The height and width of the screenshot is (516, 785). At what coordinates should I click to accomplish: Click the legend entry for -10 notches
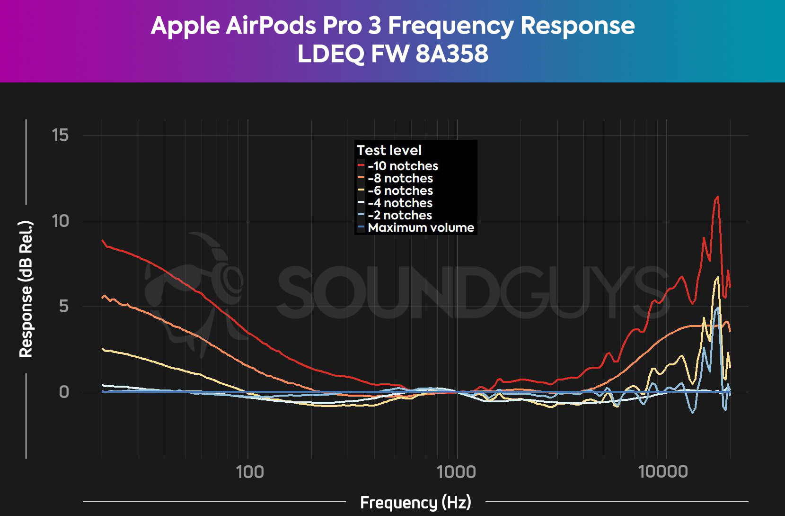[x=403, y=166]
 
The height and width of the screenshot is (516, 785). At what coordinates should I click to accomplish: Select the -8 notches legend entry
[x=400, y=178]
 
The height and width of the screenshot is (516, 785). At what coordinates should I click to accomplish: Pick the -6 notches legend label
[x=400, y=190]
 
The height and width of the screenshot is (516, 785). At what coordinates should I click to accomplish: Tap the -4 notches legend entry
[x=400, y=203]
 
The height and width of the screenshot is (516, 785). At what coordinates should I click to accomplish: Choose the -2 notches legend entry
[x=400, y=215]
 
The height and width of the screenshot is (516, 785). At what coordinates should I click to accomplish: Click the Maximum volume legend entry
[x=421, y=227]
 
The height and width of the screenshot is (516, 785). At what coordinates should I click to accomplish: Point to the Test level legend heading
[x=389, y=150]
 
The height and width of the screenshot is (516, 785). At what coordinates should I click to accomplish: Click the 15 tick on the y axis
[x=61, y=136]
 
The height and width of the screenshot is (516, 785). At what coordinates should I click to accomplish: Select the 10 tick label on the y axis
[x=61, y=221]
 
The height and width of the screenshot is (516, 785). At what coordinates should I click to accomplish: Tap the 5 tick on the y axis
[x=64, y=307]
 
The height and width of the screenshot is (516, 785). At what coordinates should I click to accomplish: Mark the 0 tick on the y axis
[x=64, y=392]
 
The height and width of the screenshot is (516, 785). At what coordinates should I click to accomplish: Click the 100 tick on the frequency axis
[x=250, y=472]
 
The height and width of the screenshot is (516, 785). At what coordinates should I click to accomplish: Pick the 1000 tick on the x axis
[x=457, y=472]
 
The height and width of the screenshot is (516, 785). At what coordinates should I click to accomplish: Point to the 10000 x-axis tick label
[x=663, y=472]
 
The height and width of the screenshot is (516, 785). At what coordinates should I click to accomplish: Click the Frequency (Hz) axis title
[x=415, y=502]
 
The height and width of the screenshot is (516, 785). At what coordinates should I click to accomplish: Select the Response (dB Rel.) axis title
[x=26, y=289]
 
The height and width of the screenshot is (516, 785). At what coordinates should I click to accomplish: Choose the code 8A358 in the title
[x=452, y=54]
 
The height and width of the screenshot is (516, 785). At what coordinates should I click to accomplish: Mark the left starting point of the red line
[x=103, y=240]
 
